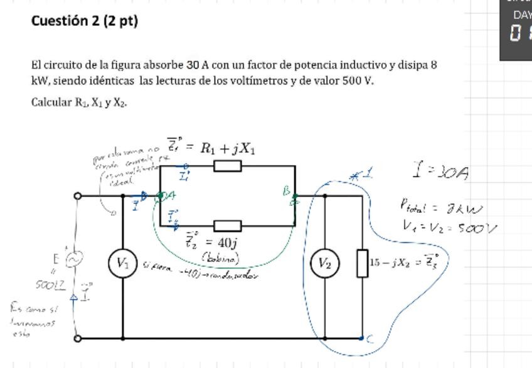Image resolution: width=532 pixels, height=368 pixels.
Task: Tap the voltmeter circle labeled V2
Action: tap(324, 264)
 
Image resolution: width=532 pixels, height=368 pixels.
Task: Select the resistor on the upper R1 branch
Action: tap(227, 166)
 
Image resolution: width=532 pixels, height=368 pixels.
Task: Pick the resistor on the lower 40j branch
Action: tap(227, 225)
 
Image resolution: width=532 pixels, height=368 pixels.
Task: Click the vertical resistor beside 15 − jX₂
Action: tap(363, 263)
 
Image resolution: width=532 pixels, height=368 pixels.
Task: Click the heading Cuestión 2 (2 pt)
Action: tap(85, 21)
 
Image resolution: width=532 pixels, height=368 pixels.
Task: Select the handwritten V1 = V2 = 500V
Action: tap(449, 228)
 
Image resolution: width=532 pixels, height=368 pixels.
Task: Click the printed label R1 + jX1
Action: tap(227, 149)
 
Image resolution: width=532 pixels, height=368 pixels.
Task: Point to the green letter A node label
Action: tap(170, 196)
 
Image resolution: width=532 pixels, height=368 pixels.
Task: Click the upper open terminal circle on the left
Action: tap(77, 196)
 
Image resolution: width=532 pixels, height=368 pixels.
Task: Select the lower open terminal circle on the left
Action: tap(77, 338)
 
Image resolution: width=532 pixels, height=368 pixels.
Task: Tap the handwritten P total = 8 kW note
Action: tap(441, 207)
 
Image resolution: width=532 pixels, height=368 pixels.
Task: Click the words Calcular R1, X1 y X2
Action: tap(79, 102)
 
